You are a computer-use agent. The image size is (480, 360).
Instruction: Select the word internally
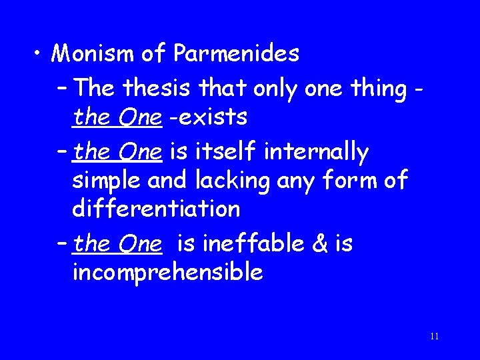[316, 152]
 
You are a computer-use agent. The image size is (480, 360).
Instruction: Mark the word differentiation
[155, 209]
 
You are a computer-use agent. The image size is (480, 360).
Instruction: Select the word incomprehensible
[167, 273]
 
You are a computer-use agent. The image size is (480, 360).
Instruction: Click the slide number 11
[434, 336]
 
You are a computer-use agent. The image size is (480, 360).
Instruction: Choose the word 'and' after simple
[166, 181]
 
